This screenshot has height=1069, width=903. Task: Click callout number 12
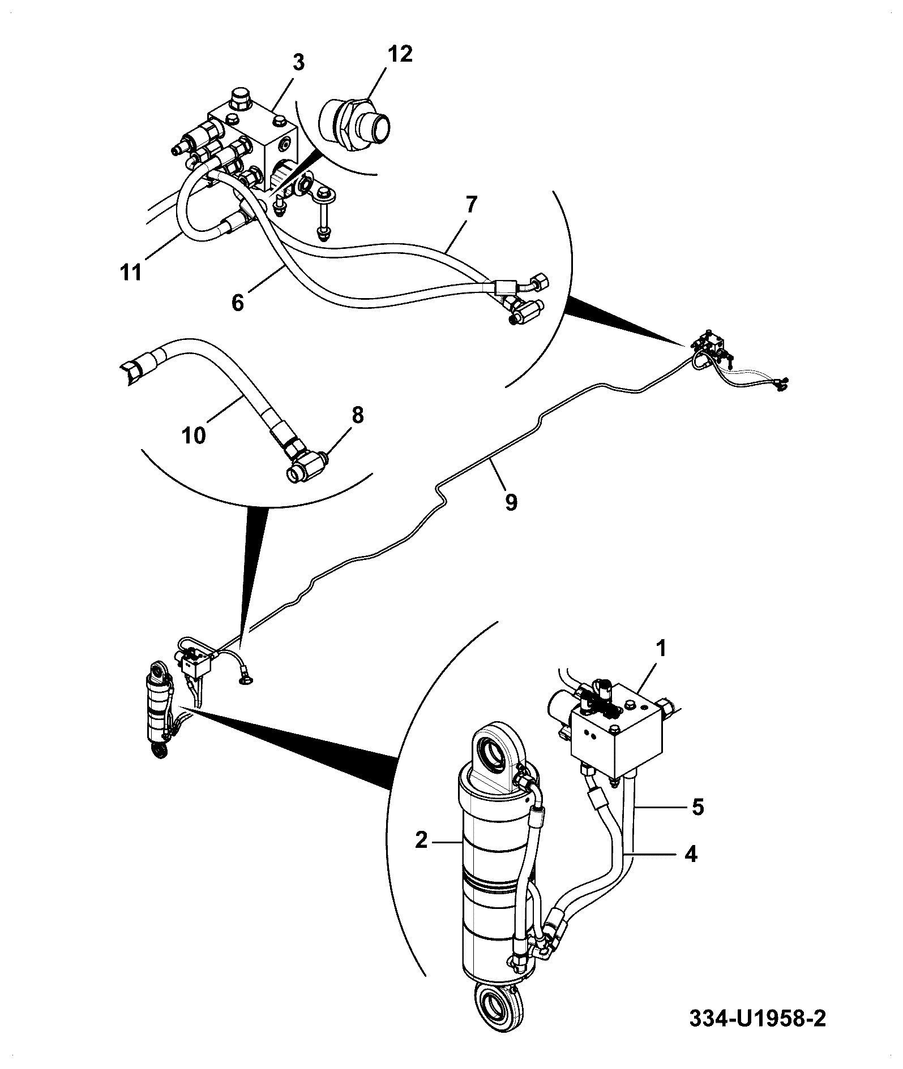pos(400,54)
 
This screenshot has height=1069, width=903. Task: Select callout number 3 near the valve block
pos(298,62)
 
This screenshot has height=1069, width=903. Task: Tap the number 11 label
pos(131,273)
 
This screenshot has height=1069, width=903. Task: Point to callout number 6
pos(238,303)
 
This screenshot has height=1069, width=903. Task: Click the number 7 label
pos(472,205)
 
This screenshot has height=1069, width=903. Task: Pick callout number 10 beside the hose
pos(194,437)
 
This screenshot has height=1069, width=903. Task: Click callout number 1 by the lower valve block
pos(661,649)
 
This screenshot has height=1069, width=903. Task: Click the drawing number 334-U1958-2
pos(758,1019)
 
